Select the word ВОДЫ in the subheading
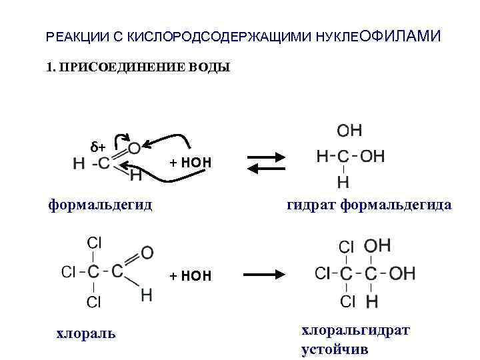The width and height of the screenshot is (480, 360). (209, 67)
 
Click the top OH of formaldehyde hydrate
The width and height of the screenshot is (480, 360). (349, 130)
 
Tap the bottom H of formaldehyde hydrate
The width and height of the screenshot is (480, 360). (343, 182)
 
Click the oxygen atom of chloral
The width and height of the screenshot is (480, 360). (147, 253)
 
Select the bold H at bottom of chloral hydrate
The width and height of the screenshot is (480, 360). (372, 302)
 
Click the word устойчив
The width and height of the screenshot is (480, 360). (335, 349)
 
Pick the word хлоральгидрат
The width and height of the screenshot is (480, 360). (355, 330)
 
